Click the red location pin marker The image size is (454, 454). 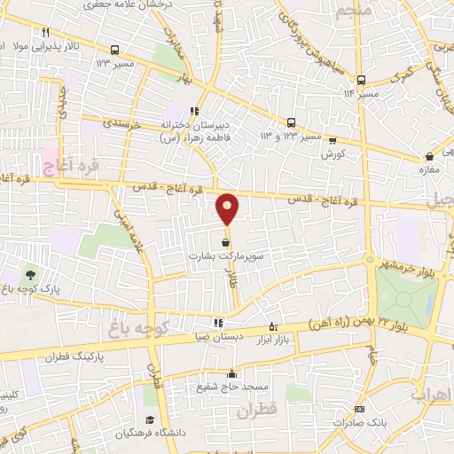tap(228, 208)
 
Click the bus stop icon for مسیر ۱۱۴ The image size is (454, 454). tap(361, 79)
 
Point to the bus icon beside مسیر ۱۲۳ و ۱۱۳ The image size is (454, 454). tap(292, 123)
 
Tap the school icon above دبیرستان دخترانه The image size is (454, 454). tap(193, 111)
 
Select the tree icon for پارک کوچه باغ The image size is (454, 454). tap(32, 275)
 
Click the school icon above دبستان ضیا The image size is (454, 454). tap(219, 322)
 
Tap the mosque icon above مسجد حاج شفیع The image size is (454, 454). tap(232, 373)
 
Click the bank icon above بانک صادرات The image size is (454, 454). tap(359, 409)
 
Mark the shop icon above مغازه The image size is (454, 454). tap(428, 158)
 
